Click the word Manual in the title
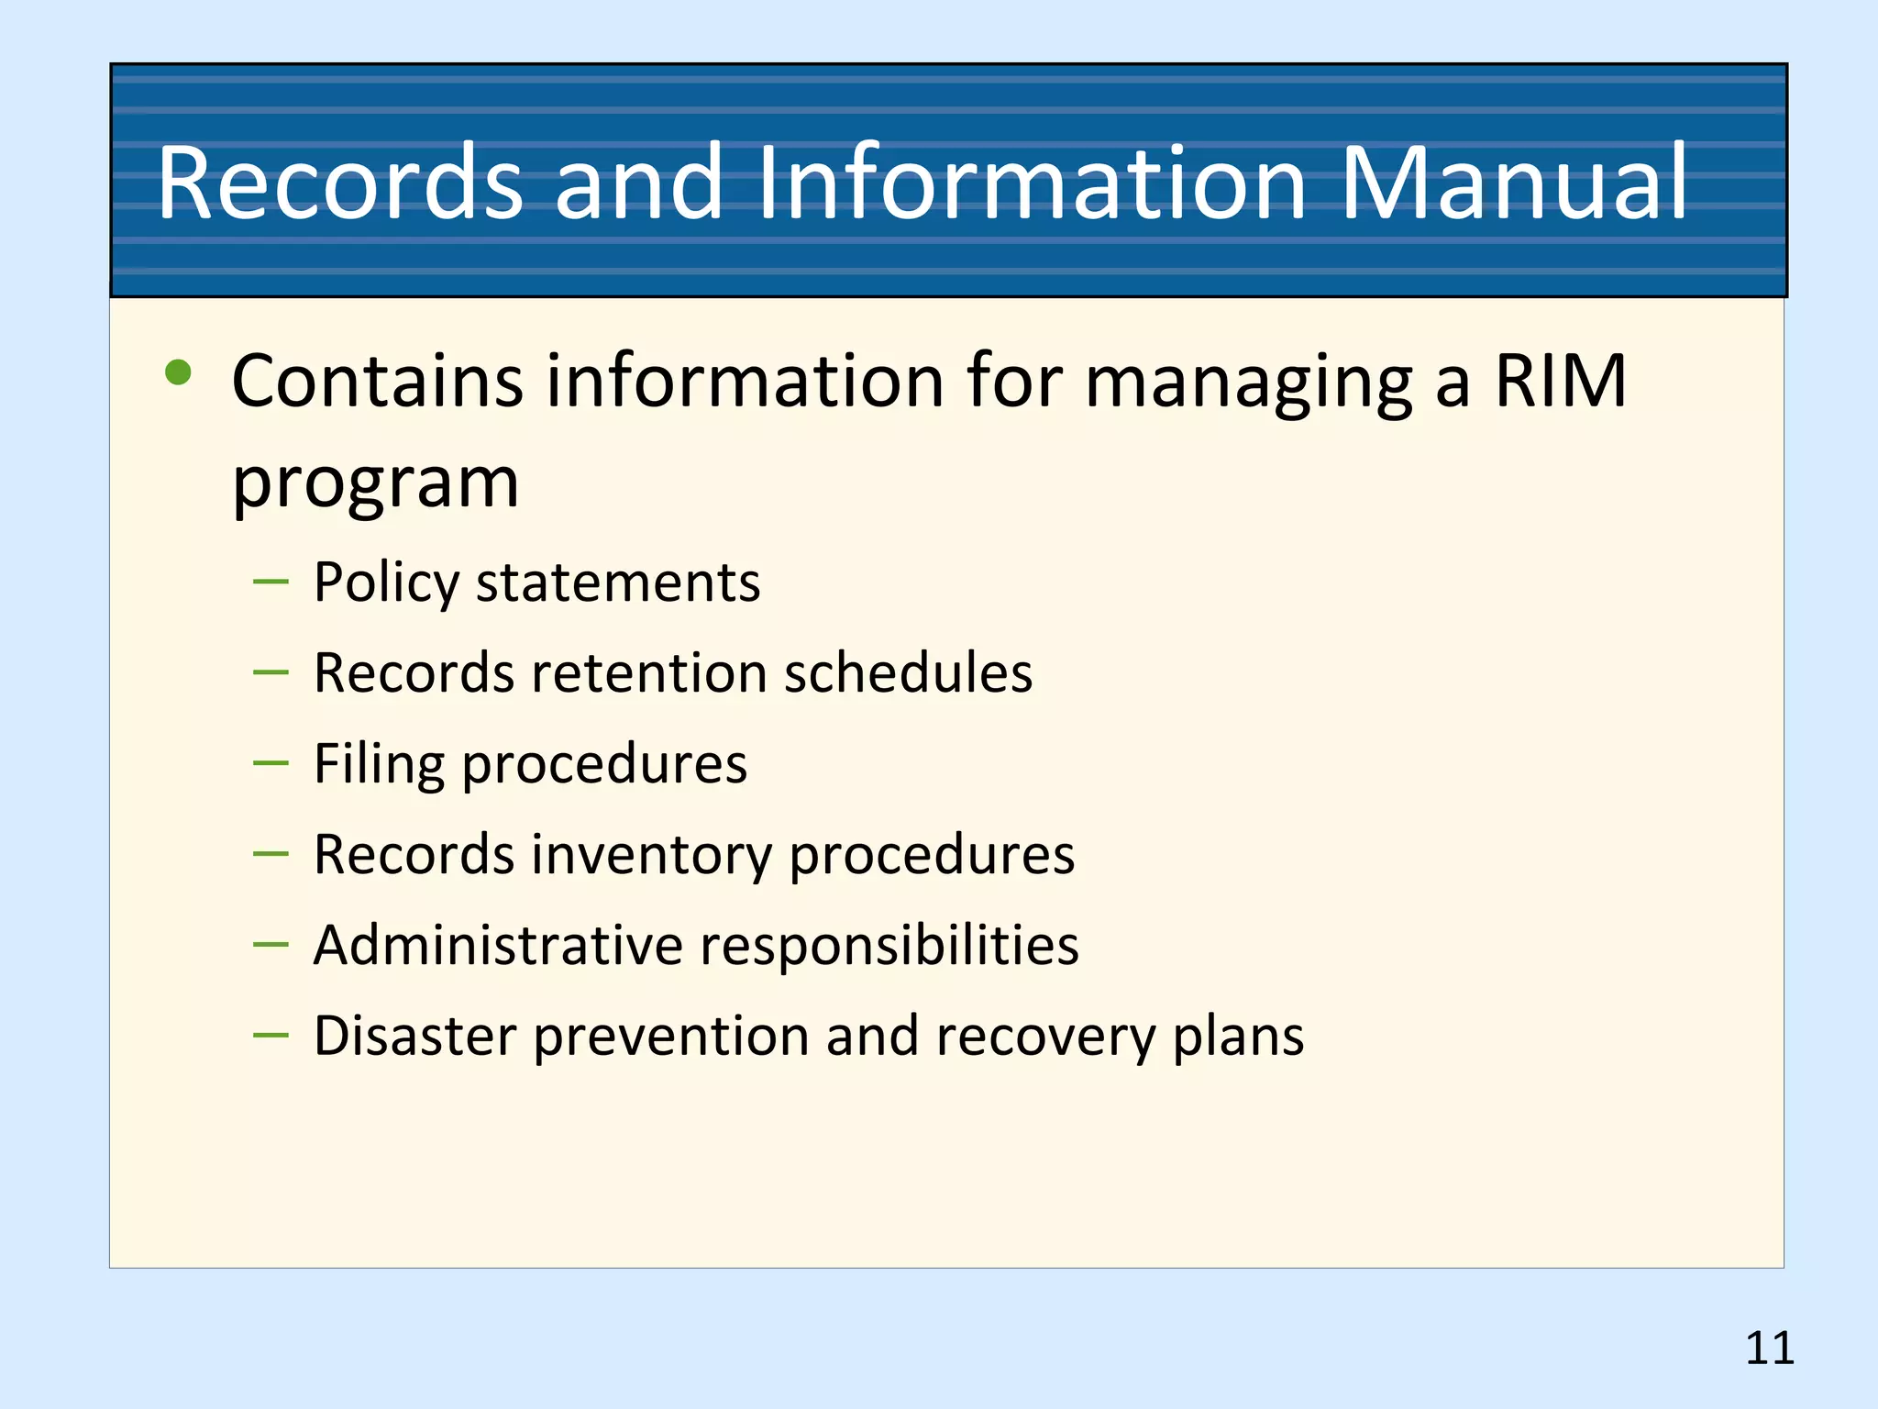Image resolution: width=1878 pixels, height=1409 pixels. tap(1514, 183)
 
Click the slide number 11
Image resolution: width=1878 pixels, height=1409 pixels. tap(1769, 1348)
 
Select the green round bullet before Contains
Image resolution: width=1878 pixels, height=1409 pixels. tap(178, 372)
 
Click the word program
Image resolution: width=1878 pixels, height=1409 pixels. tap(375, 483)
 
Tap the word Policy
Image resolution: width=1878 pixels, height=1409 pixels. tap(386, 583)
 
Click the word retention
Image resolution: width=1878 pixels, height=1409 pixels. tap(649, 673)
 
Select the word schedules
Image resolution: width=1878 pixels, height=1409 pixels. tap(908, 673)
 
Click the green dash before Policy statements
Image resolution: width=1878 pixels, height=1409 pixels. tap(271, 582)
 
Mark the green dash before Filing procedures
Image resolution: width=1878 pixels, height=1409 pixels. tap(271, 762)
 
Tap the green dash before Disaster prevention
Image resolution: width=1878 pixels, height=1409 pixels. tap(271, 1035)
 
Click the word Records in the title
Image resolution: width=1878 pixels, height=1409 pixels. tap(340, 183)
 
